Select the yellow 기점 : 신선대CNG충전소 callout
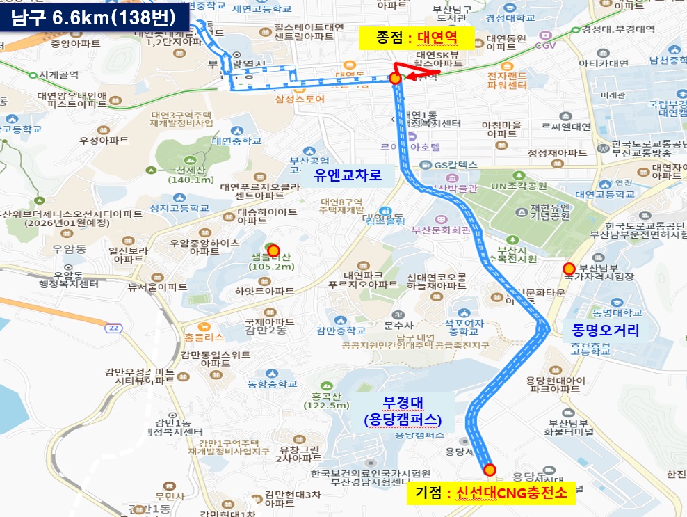(x=490, y=492)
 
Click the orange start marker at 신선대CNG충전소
(x=490, y=470)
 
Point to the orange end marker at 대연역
(x=395, y=79)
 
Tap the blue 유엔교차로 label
(x=348, y=175)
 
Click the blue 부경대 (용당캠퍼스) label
(x=403, y=412)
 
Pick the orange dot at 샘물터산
(x=273, y=250)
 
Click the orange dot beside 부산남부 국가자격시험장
(x=569, y=269)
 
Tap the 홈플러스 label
(x=204, y=337)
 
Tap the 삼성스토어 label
(x=300, y=99)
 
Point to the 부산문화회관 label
(x=442, y=230)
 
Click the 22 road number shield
(x=115, y=327)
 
